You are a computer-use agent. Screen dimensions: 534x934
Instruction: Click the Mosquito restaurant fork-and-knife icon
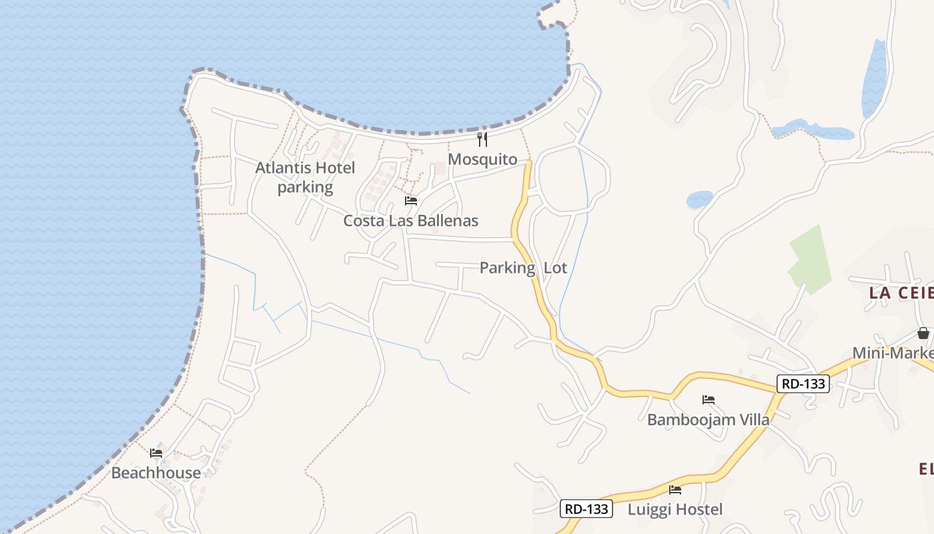pyautogui.click(x=482, y=140)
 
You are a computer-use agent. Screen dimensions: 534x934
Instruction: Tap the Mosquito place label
pyautogui.click(x=482, y=160)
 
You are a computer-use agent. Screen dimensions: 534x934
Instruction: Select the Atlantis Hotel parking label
pyautogui.click(x=305, y=178)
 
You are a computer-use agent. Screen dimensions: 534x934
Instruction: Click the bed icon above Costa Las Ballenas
pyautogui.click(x=411, y=200)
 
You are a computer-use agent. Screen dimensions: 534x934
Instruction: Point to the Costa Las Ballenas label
pyautogui.click(x=410, y=220)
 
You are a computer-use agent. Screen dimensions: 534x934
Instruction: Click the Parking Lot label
pyautogui.click(x=523, y=268)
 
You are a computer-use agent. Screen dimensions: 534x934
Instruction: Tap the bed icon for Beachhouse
pyautogui.click(x=156, y=453)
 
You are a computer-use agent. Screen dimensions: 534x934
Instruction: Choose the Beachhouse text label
pyautogui.click(x=155, y=473)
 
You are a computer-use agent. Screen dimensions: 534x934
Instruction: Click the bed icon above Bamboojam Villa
pyautogui.click(x=709, y=400)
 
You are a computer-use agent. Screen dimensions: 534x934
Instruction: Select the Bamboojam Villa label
pyautogui.click(x=708, y=420)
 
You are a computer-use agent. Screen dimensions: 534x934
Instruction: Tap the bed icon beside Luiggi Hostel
pyautogui.click(x=675, y=489)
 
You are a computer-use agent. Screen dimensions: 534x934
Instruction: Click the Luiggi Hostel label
pyautogui.click(x=675, y=509)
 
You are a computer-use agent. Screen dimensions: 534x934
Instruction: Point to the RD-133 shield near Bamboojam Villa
pyautogui.click(x=803, y=384)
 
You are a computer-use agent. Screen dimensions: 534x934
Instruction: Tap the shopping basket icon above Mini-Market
pyautogui.click(x=923, y=332)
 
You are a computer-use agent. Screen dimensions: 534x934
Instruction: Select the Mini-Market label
pyautogui.click(x=894, y=352)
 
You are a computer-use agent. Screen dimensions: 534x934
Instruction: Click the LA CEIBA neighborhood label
pyautogui.click(x=901, y=292)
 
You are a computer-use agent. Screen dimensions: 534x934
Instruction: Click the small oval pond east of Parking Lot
pyautogui.click(x=699, y=199)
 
